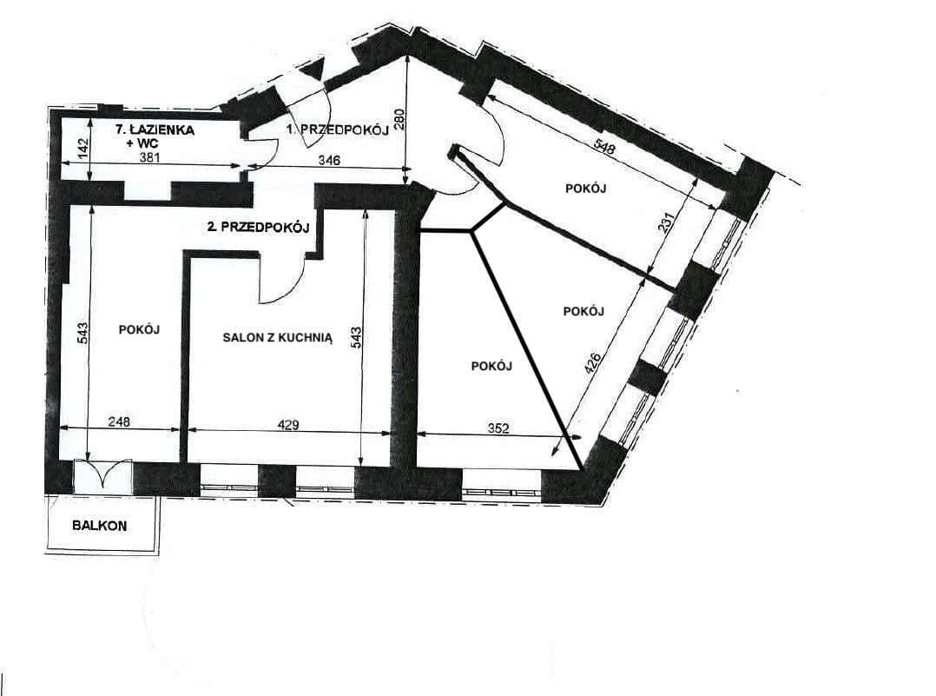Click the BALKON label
pos(99,526)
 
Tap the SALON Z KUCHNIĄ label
pos(278,337)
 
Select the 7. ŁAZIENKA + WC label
pos(155,136)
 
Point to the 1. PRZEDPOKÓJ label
pos(338,129)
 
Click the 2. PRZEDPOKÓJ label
pos(257,227)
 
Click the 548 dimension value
pos(604,146)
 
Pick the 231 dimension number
pos(668,223)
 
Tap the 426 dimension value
pos(593,363)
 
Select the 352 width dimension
pos(498,428)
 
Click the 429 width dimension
pos(288,425)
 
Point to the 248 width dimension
pos(120,421)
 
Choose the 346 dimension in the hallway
pos(329,160)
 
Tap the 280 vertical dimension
pos(400,118)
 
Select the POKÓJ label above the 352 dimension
pos(491,366)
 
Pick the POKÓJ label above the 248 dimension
pos(139,329)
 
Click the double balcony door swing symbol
pos(102,475)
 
